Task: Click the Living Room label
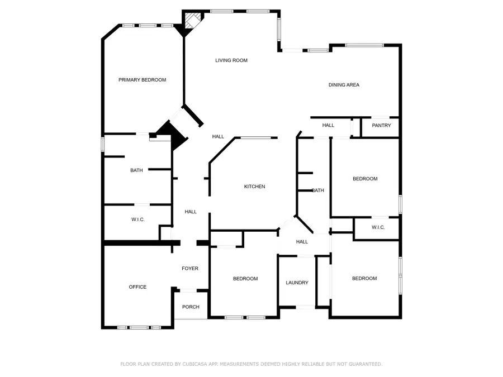click(x=231, y=60)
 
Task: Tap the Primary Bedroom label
click(x=143, y=80)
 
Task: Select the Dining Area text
click(x=344, y=85)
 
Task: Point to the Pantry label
click(x=381, y=125)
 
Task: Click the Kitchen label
click(x=255, y=187)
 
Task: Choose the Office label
click(x=137, y=287)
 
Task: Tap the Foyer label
click(x=190, y=268)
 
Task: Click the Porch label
click(x=191, y=307)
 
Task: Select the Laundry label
click(x=297, y=283)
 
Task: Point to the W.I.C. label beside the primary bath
click(x=138, y=219)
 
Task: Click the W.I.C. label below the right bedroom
click(x=378, y=227)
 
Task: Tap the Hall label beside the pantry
click(x=328, y=125)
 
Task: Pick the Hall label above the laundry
click(x=302, y=242)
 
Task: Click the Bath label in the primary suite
click(x=137, y=170)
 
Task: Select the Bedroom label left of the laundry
click(x=245, y=279)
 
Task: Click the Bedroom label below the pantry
click(x=365, y=179)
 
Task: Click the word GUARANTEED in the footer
click(x=366, y=364)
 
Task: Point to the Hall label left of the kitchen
click(x=191, y=212)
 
